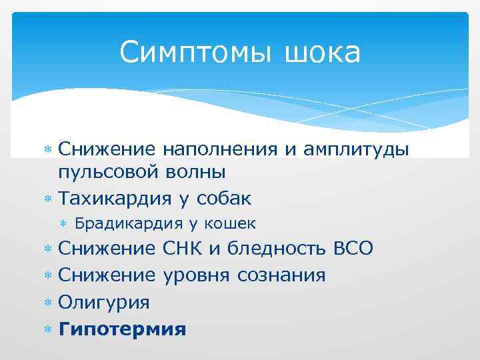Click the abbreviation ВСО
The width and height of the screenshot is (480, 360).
[352, 249]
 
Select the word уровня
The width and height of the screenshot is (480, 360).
[195, 275]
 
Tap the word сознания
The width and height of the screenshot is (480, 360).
[280, 275]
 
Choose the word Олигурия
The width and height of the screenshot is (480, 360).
[104, 302]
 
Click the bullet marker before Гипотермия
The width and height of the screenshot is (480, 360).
[47, 329]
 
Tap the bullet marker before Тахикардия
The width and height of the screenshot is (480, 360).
[47, 199]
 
